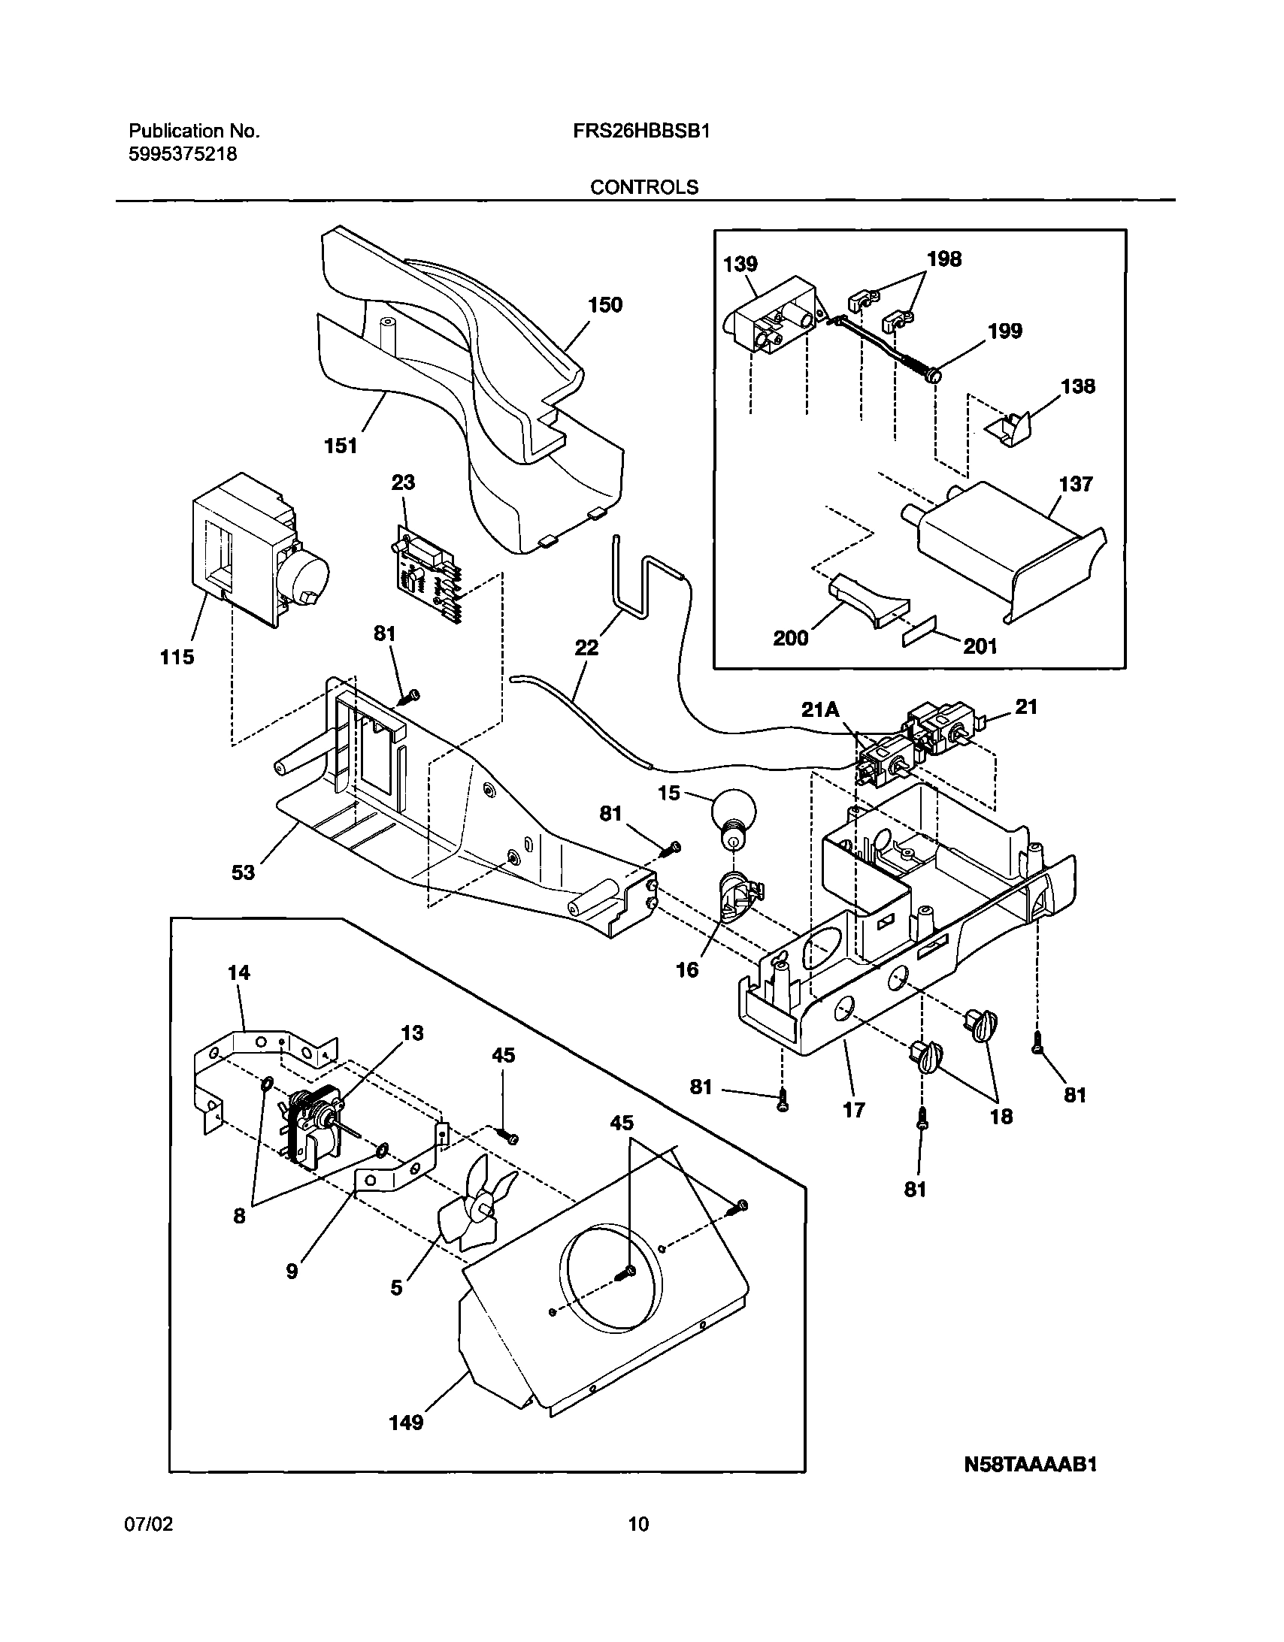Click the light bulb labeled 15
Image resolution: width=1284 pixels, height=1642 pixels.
pyautogui.click(x=731, y=816)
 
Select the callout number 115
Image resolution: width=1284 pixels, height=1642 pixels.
pyautogui.click(x=177, y=657)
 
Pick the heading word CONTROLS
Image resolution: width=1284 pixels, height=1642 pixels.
pyautogui.click(x=644, y=187)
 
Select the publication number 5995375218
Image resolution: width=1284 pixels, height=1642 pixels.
pyautogui.click(x=183, y=154)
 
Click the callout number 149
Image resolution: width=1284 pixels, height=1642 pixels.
pyautogui.click(x=406, y=1423)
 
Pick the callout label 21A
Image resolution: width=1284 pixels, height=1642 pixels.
pyautogui.click(x=820, y=709)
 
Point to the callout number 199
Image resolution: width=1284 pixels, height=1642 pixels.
pyautogui.click(x=1005, y=331)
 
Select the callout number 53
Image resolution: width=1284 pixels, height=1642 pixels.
pyautogui.click(x=243, y=872)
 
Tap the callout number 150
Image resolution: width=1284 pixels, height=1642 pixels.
pyautogui.click(x=605, y=304)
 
